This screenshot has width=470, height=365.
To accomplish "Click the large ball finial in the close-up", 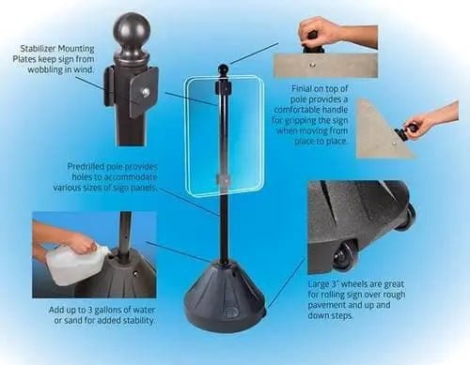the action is pos(132,31).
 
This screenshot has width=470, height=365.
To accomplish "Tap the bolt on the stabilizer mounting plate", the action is pos(145,93).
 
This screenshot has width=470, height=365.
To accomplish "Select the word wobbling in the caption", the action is pos(45,69).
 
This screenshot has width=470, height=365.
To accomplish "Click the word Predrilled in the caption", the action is pos(85,167).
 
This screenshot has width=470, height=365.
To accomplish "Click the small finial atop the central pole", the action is pos(223,68).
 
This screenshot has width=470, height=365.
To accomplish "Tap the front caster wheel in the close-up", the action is pos(345,256).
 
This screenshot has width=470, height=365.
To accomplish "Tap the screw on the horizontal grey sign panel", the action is pos(311,65).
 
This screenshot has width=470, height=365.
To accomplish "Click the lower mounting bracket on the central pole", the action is pos(223,179).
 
